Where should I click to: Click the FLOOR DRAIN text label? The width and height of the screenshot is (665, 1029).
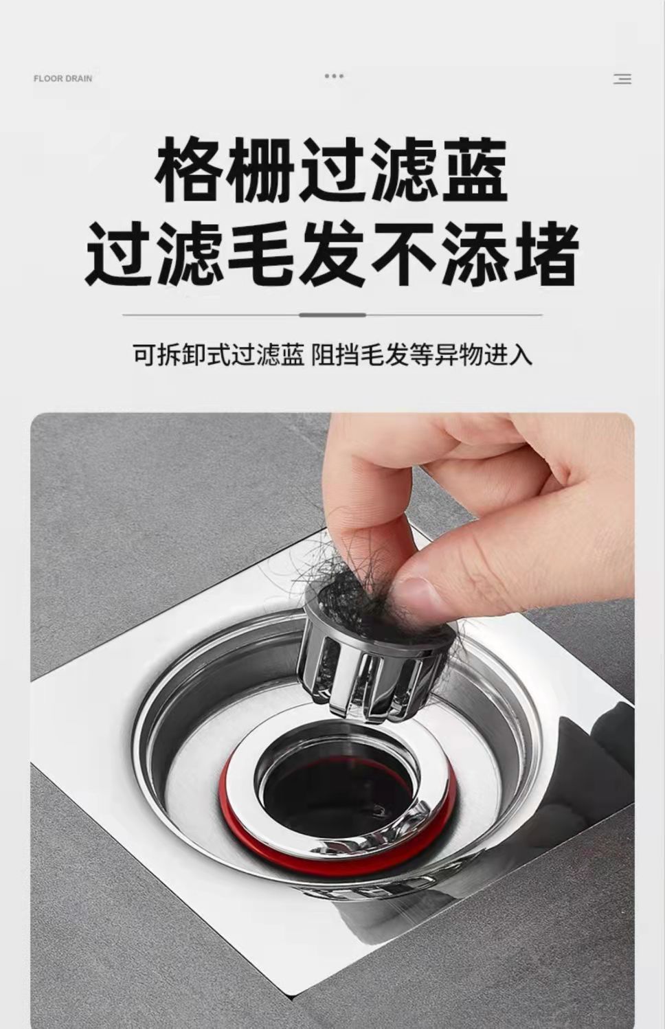tap(63, 78)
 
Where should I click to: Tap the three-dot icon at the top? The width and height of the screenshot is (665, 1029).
tap(334, 76)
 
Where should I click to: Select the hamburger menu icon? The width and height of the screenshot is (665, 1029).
tap(622, 79)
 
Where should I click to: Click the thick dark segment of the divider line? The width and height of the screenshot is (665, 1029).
tap(332, 315)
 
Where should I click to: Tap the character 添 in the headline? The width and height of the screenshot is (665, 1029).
tap(474, 253)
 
